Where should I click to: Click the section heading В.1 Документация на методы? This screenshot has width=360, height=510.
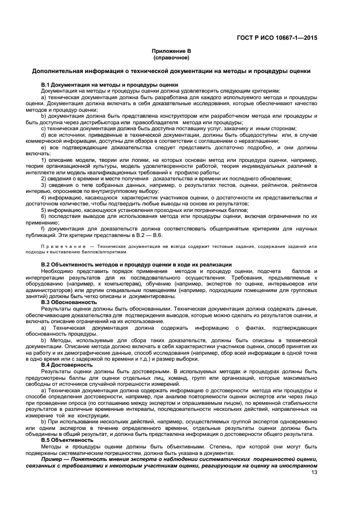[x=109, y=85]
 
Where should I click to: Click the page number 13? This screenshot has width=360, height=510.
[x=314, y=472]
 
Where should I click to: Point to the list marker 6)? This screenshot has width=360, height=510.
[x=44, y=216]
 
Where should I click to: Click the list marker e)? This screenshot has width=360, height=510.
[x=44, y=148]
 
